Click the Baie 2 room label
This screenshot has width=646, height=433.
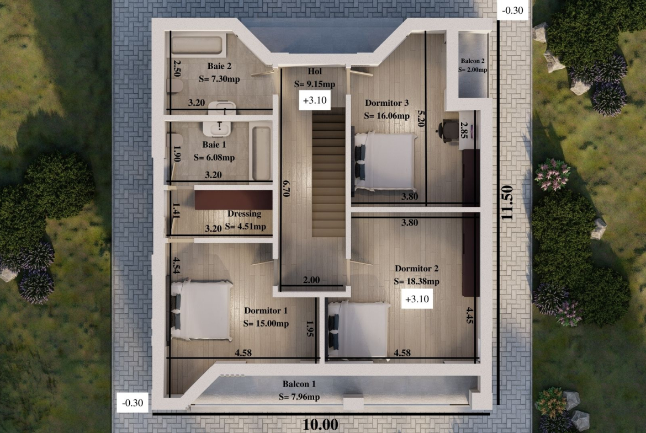click(x=219, y=66)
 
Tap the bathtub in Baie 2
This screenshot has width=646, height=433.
click(x=198, y=45)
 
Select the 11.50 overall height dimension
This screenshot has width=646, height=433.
click(x=507, y=202)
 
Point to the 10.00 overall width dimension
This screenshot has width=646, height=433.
click(x=321, y=424)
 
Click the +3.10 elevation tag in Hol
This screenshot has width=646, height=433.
click(x=315, y=100)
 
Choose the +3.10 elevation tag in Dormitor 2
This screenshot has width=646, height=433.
click(x=417, y=299)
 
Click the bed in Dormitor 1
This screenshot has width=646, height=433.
click(x=201, y=310)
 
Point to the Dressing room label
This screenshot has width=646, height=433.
click(x=244, y=213)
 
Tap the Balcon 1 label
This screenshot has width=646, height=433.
click(x=299, y=384)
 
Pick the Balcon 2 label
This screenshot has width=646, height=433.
click(x=473, y=61)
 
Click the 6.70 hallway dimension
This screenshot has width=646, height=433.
click(x=287, y=188)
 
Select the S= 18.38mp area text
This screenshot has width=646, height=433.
click(x=416, y=281)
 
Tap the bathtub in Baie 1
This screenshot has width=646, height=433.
click(x=261, y=153)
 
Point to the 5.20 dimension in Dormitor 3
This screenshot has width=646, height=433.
click(x=421, y=118)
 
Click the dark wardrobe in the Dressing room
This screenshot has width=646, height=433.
click(x=234, y=200)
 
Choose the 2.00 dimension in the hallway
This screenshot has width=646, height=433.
click(x=311, y=280)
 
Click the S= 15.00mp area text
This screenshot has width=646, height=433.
click(x=266, y=324)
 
